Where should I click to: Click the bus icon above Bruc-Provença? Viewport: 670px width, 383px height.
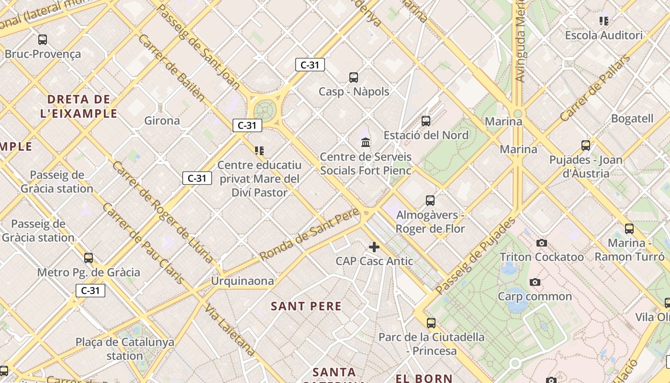tap(43, 40)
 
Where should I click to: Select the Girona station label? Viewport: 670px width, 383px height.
tap(162, 121)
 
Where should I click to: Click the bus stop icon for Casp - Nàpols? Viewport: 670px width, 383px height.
tap(354, 77)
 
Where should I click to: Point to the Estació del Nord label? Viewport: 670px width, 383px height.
tap(426, 135)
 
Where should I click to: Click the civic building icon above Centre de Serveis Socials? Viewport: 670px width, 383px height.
tap(366, 142)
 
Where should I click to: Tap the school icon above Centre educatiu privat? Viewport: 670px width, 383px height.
tap(259, 151)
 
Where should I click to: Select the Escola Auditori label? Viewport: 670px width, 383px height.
tap(603, 35)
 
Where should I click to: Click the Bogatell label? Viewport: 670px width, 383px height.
tap(632, 118)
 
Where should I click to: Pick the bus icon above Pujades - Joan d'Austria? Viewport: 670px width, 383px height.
tap(585, 146)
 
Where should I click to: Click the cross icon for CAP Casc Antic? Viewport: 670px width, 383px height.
tap(374, 247)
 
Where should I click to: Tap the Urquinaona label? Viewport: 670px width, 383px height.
tap(243, 281)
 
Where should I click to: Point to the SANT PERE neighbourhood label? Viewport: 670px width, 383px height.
tap(306, 306)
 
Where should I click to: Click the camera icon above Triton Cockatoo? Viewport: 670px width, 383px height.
tap(542, 243)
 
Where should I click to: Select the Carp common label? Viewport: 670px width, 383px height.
tap(535, 296)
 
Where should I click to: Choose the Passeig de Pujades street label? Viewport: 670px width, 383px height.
tap(476, 256)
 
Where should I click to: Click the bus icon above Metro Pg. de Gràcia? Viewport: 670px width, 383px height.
tap(89, 258)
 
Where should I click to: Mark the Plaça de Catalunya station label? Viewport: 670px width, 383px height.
tap(125, 349)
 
